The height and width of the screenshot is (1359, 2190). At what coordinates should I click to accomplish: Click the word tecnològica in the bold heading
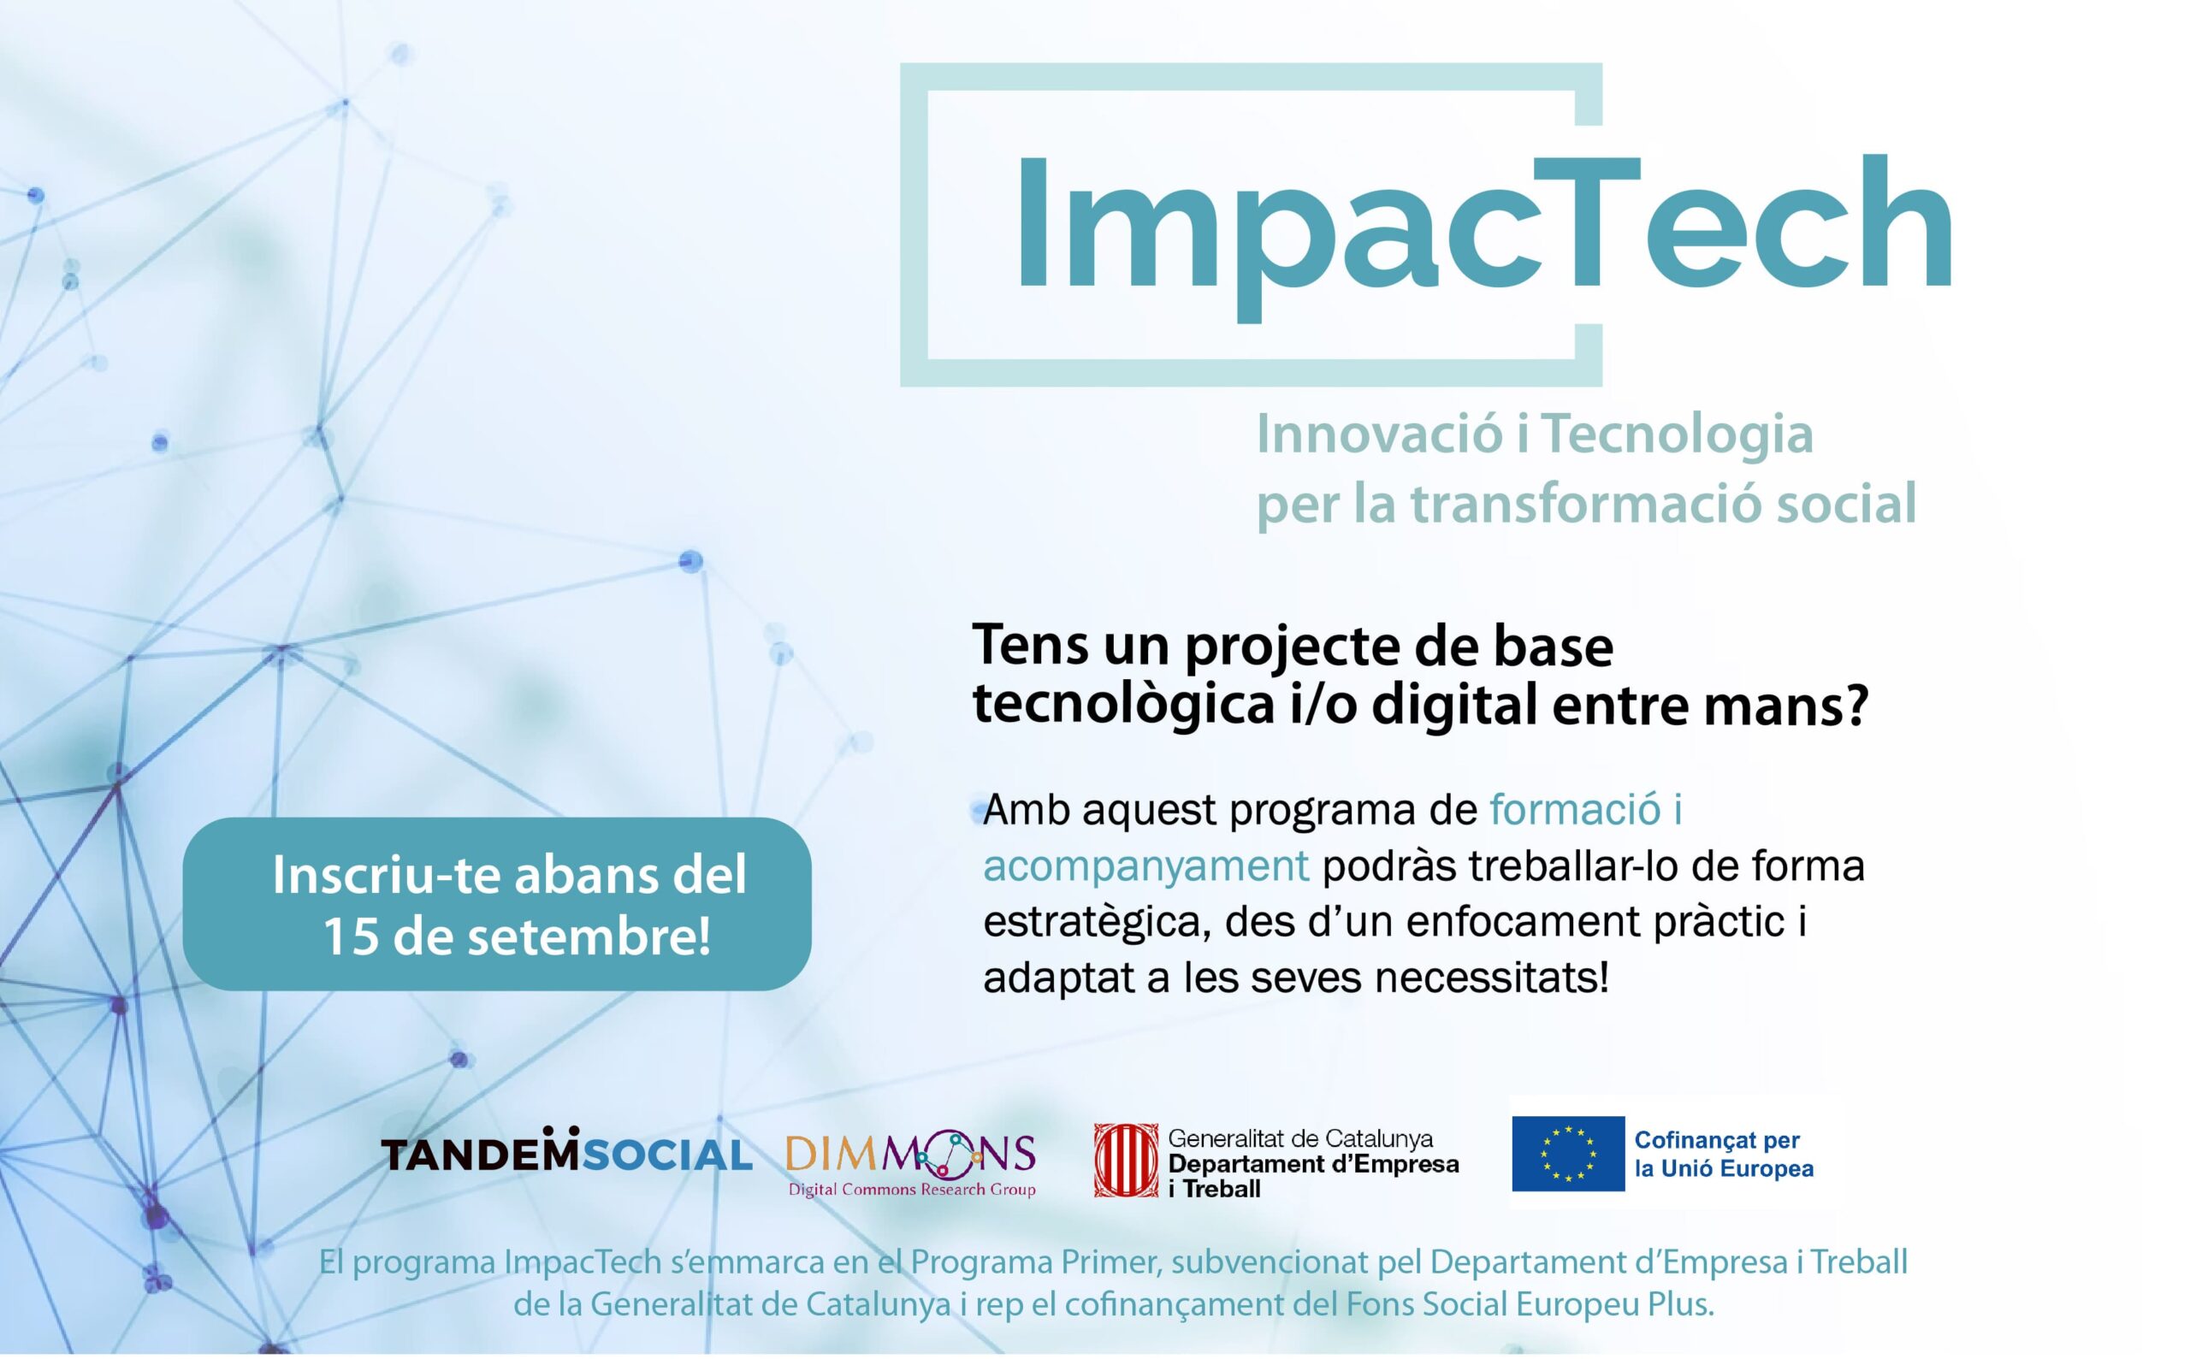click(x=1125, y=706)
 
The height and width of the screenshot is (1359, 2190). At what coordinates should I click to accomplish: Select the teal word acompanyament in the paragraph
click(x=1145, y=866)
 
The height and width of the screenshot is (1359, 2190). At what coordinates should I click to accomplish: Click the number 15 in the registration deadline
click(x=350, y=937)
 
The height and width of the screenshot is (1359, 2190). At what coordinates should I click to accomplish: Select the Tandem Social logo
click(x=566, y=1151)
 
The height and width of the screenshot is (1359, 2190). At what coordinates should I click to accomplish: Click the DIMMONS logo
click(x=911, y=1164)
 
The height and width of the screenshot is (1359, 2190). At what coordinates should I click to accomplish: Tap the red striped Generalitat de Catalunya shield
click(x=1126, y=1161)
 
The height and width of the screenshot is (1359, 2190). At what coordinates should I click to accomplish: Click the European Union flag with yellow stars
click(x=1568, y=1154)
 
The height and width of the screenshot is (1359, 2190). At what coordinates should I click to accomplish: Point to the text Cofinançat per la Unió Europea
click(x=1724, y=1155)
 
